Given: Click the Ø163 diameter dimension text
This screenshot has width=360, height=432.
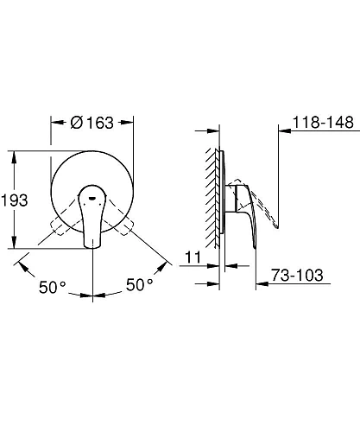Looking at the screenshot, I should (x=91, y=123).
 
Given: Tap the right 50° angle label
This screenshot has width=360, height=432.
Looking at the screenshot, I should (x=140, y=283).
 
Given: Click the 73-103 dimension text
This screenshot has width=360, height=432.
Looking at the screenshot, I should (x=297, y=276).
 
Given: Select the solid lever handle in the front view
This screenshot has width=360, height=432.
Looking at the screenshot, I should (x=92, y=220).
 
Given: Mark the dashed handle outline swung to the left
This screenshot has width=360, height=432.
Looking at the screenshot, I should (x=62, y=226).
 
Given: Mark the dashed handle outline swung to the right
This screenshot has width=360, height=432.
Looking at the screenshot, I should (x=122, y=226).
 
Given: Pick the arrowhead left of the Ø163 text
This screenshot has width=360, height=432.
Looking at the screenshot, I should (x=56, y=123).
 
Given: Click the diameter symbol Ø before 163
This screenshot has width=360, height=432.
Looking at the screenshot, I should (x=73, y=123).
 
